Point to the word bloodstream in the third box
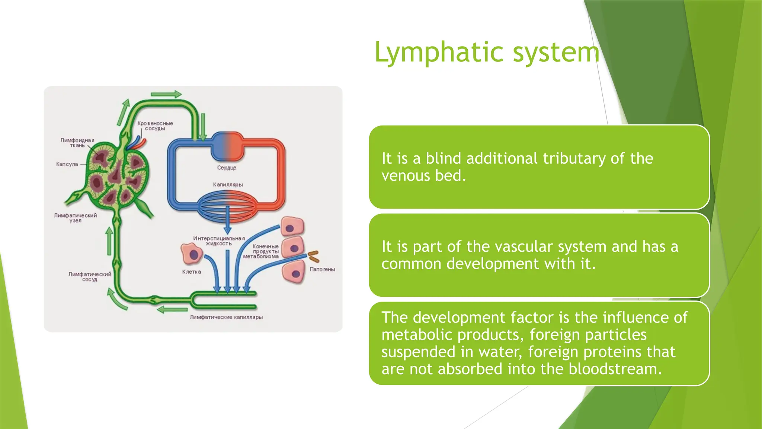point(615,369)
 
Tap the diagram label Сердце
point(227,168)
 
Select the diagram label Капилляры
point(228,185)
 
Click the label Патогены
point(322,269)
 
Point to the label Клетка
point(192,272)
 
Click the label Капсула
point(67,164)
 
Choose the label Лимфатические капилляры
point(226,317)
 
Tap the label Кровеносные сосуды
point(155,126)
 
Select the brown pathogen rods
point(313,256)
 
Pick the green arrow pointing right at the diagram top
point(166,94)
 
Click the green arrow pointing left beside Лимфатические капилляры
point(172,309)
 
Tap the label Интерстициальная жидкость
point(219,241)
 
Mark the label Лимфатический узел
point(75,218)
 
